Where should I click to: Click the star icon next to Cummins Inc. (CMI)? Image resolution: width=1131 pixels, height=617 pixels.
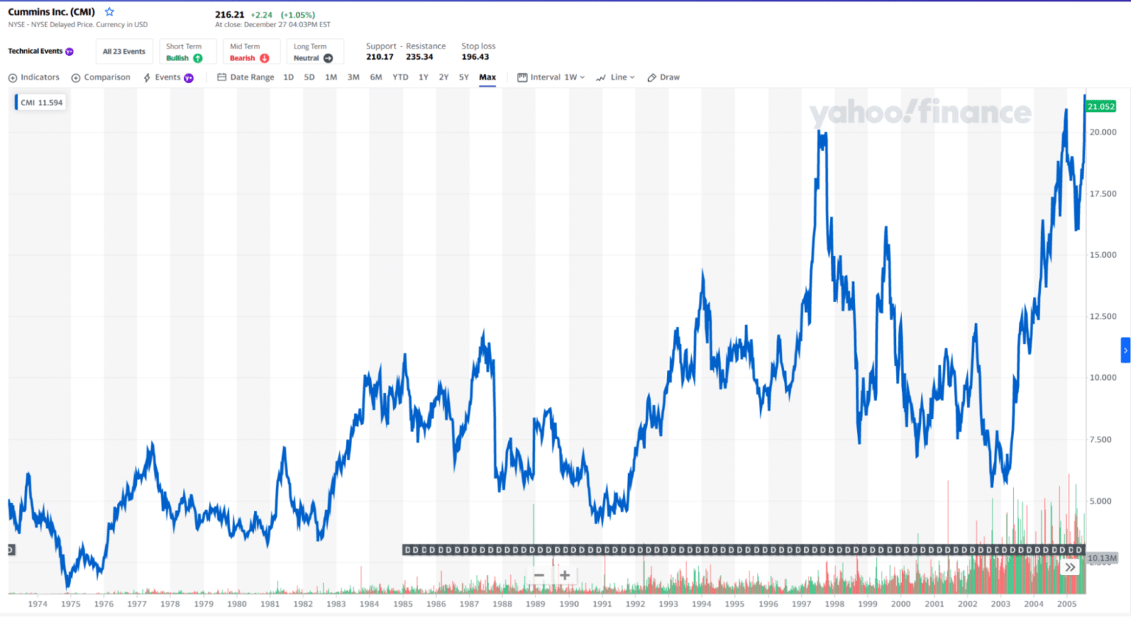pos(110,12)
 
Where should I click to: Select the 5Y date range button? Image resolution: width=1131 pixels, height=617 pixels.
pos(464,77)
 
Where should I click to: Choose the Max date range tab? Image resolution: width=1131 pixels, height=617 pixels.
pos(487,77)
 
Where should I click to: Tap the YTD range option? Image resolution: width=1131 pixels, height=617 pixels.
pos(400,77)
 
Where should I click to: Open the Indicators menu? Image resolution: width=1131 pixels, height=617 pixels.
pos(34,77)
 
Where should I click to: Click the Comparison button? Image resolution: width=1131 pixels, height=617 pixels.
pos(101,77)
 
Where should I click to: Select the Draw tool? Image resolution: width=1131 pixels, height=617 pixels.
pos(663,77)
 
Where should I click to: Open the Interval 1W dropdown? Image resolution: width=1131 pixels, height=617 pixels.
pos(552,77)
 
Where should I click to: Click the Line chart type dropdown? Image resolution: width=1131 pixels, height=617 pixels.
pos(616,77)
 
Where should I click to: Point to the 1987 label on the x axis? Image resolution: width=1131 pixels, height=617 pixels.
pos(469,604)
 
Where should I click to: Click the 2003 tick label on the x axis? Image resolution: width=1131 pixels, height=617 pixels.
pos(1001,604)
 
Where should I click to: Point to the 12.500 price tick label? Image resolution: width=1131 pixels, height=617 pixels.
pos(1103,317)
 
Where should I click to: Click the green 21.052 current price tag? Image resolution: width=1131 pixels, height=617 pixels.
pos(1101,107)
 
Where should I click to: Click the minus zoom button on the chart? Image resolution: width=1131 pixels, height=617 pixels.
pos(539,575)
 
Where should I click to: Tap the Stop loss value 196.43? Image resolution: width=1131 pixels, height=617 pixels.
pos(475,57)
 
